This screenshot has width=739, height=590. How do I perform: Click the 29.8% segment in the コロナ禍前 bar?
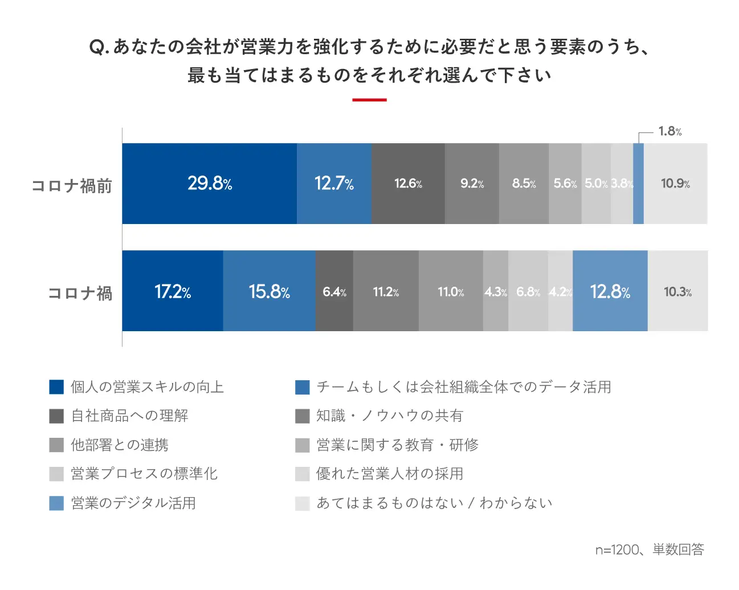[x=209, y=184]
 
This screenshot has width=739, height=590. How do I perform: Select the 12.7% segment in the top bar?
[x=334, y=184]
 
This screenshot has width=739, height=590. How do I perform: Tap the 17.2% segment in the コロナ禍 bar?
[x=172, y=291]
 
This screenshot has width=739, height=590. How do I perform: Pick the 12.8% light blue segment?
[x=610, y=291]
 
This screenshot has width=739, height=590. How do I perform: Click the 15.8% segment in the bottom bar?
[x=269, y=291]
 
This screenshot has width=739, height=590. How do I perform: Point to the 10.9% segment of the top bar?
[x=675, y=184]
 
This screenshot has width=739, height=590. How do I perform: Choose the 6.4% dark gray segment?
[x=334, y=291]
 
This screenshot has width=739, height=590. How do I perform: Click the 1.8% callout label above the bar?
[x=669, y=132]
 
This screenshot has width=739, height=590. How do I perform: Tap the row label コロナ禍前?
[x=72, y=186]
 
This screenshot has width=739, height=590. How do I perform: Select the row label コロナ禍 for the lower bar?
[x=80, y=293]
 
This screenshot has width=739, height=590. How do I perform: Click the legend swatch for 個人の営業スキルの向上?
[x=56, y=387]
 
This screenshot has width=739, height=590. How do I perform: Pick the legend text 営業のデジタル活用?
[x=133, y=503]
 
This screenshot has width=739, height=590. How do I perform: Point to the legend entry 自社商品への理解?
[x=129, y=416]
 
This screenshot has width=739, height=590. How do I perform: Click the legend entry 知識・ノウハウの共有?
[x=390, y=416]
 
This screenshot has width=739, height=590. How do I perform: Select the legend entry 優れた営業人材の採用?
[x=390, y=474]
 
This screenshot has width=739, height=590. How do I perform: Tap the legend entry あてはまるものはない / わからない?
[x=434, y=503]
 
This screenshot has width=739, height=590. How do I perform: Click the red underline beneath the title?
[x=369, y=100]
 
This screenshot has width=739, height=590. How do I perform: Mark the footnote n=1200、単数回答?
[x=650, y=550]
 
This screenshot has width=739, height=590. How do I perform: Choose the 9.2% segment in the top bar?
[x=472, y=184]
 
